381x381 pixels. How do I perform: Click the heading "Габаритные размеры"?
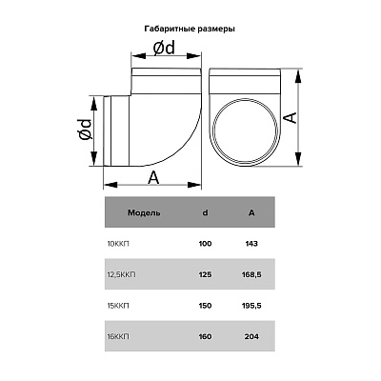190,30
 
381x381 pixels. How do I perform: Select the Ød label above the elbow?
164,49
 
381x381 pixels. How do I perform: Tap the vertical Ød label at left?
85,130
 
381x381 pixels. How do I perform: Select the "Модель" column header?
144,212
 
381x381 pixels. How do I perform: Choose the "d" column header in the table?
206,212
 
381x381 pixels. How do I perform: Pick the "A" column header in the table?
251,212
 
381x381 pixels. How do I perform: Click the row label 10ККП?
118,244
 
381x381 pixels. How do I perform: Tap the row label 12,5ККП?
121,274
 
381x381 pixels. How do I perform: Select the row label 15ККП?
118,306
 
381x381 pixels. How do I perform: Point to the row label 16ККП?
118,336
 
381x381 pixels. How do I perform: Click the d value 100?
206,244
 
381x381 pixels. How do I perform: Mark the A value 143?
251,244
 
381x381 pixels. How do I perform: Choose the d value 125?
206,274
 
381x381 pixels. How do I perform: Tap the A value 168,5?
251,275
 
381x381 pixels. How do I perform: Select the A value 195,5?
251,306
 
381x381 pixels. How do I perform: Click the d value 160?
206,336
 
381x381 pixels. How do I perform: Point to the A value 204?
251,336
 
